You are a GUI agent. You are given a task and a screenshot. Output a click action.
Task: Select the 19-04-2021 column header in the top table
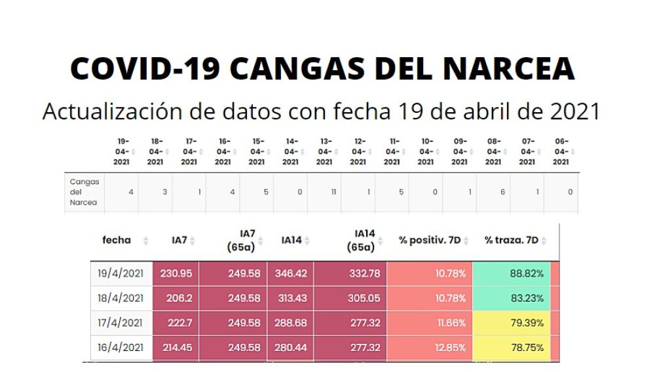(x=122, y=152)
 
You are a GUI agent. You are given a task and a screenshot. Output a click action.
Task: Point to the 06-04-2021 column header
(x=561, y=152)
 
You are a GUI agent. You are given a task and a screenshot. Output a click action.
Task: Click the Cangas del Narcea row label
(x=84, y=192)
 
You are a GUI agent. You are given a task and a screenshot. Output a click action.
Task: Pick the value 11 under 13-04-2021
(x=333, y=192)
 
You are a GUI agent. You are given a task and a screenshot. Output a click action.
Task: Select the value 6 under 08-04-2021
(x=502, y=192)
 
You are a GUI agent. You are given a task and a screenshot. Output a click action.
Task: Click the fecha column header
(x=117, y=240)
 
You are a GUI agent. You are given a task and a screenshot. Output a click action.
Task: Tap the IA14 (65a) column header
(x=364, y=240)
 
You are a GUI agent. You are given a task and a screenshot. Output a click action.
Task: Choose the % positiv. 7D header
(x=430, y=240)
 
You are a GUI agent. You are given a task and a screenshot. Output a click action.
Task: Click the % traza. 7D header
(x=511, y=240)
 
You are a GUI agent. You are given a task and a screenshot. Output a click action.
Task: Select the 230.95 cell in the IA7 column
(x=177, y=274)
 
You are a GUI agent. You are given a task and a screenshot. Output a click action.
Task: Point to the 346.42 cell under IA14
(x=291, y=274)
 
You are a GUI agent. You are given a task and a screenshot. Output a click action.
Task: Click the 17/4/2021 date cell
(x=121, y=323)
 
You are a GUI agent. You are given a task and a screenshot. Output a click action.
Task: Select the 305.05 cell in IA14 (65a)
(x=364, y=298)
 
